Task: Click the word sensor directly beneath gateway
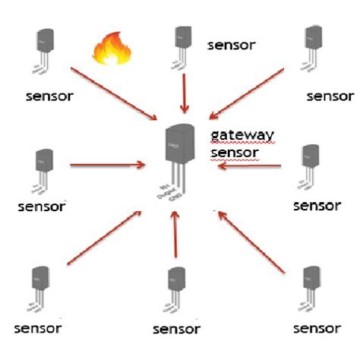[235, 153]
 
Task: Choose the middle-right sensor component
[310, 166]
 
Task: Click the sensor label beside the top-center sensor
[232, 44]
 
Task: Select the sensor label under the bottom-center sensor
[176, 329]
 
